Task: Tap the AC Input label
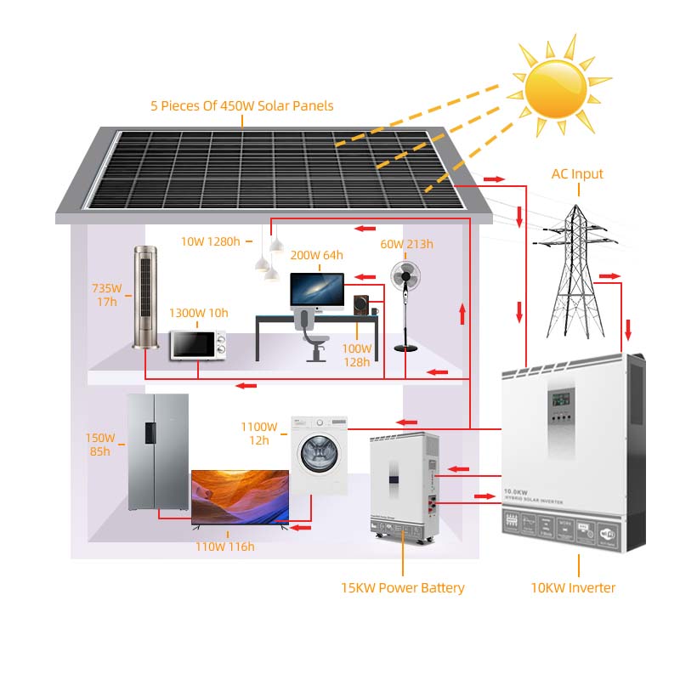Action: (577, 174)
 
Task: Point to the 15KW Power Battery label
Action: (403, 587)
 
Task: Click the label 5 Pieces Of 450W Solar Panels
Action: (242, 106)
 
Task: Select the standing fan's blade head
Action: (405, 277)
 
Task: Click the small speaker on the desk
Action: (361, 305)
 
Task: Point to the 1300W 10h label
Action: (199, 313)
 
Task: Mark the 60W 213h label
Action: (406, 245)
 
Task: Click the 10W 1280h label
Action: (211, 241)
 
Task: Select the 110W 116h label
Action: (224, 547)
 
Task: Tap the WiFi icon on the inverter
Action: (607, 532)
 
